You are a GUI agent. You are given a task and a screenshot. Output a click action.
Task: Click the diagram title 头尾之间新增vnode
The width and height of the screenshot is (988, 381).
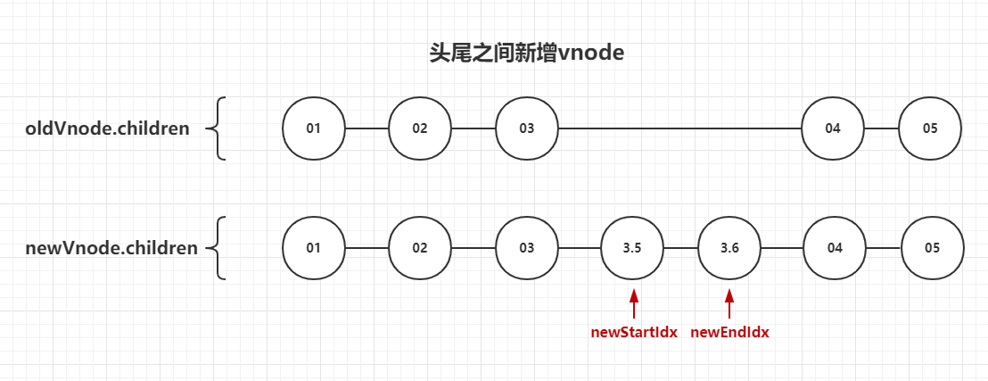(x=526, y=54)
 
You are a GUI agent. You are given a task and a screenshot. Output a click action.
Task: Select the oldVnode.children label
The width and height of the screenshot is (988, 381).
(x=107, y=128)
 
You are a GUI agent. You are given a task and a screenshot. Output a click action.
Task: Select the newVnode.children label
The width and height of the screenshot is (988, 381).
(x=111, y=248)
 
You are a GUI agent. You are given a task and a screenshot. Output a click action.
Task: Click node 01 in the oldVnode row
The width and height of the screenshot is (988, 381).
(x=313, y=128)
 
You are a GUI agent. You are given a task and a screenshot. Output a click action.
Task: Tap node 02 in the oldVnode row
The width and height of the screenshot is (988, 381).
(x=420, y=128)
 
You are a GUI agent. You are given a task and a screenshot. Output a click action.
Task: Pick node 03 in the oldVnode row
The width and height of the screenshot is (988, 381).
(x=527, y=128)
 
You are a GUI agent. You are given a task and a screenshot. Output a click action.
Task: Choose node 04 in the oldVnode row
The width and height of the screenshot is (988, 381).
(x=833, y=128)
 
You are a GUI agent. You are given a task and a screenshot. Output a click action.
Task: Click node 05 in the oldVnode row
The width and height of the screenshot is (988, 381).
(x=930, y=128)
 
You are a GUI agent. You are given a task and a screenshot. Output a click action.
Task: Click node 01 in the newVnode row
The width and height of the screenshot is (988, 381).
(x=313, y=248)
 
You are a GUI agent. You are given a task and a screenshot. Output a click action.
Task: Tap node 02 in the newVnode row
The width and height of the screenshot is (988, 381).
(x=420, y=248)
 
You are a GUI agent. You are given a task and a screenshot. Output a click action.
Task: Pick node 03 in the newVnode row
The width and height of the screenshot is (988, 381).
(x=527, y=248)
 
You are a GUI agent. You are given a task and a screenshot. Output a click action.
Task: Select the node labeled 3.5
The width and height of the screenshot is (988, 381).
(x=632, y=248)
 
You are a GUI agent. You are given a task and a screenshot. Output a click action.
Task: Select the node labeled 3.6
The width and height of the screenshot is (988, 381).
(x=729, y=248)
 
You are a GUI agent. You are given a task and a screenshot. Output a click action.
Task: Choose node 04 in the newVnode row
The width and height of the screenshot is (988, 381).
(x=835, y=248)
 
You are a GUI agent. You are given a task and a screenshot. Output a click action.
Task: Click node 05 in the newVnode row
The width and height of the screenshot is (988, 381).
(x=933, y=248)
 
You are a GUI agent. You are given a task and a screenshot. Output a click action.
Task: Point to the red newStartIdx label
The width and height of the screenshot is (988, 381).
(x=634, y=333)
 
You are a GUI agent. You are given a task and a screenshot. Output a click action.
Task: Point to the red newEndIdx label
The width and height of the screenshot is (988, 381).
(x=729, y=333)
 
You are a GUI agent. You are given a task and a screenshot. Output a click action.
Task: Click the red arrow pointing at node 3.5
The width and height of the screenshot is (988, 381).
(x=633, y=303)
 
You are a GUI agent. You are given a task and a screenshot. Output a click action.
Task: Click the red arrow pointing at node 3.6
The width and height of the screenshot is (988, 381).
(x=729, y=303)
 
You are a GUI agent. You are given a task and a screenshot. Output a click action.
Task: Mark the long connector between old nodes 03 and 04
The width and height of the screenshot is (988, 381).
(x=679, y=128)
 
